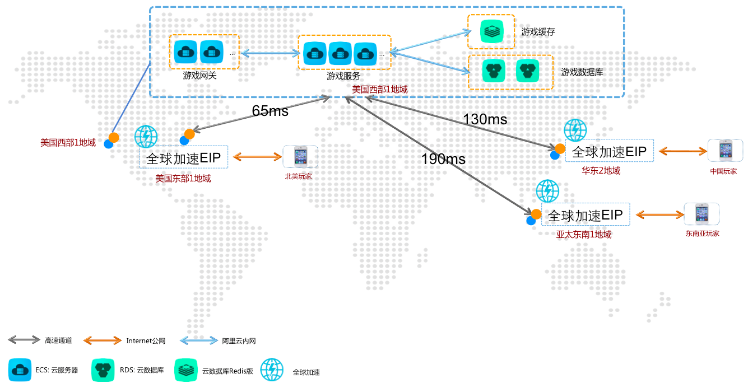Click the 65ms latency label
pos(270,111)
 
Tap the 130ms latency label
pos(485,119)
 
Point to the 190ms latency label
pos(443,159)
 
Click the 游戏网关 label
pos(199,76)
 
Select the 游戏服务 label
pos(343,76)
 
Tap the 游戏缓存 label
pos(538,32)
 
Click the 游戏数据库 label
pos(582,72)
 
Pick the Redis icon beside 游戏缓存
pos(491,31)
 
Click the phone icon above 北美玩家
pos(300,156)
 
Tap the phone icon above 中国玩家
pos(726,150)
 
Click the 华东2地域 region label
pos(601,171)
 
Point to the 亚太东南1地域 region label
pos(584,235)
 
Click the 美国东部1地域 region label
pos(183,179)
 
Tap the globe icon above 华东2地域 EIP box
pos(575,130)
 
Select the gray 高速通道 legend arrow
pos(24,340)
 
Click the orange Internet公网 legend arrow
pos(103,340)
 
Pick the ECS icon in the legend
pos(20,370)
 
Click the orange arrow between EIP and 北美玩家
pos(257,156)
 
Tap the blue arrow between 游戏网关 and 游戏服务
pos(270,53)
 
